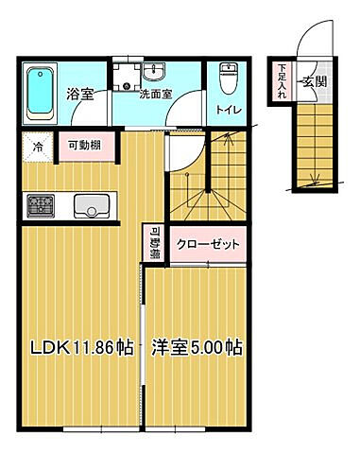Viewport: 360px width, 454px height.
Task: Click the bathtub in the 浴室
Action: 40,93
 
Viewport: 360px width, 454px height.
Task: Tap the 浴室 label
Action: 78,95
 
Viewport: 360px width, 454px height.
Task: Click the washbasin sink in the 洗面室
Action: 156,73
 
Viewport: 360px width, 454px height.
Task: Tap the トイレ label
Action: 229,110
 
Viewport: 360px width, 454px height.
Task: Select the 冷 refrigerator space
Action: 37,148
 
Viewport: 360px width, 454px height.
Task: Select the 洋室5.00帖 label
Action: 197,347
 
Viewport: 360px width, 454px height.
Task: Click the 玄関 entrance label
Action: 314,82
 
